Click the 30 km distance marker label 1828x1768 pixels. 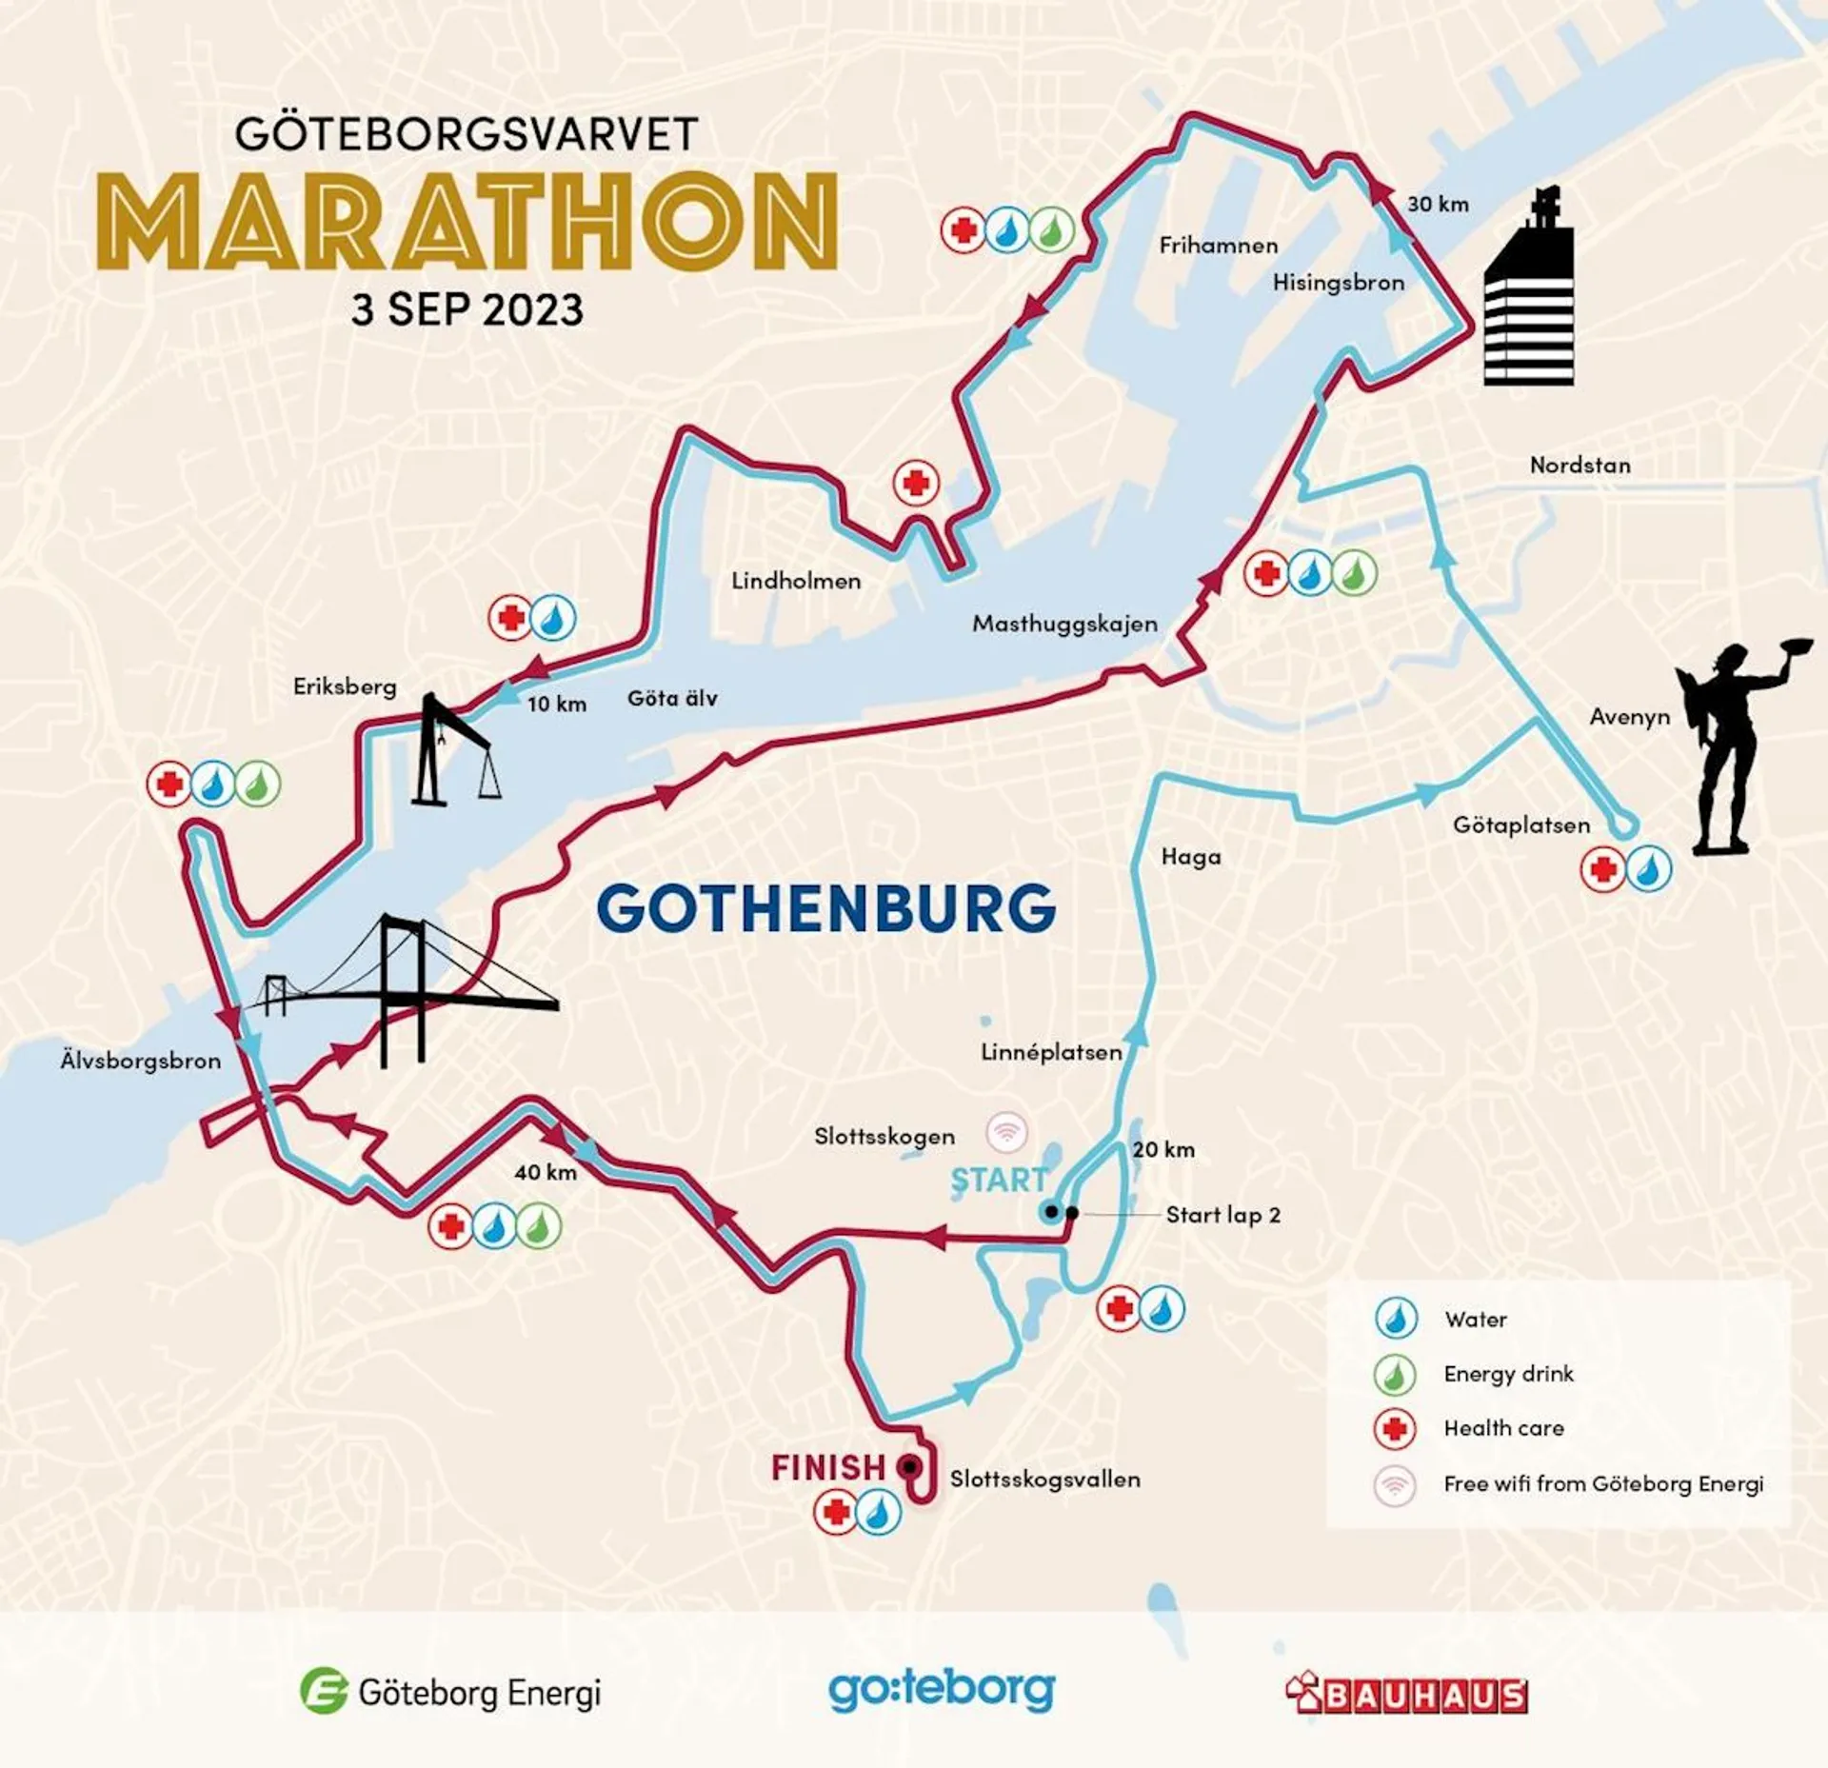(x=1438, y=204)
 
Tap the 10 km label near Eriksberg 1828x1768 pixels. (x=557, y=704)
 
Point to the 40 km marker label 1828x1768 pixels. (x=546, y=1172)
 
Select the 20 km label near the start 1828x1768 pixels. (x=1163, y=1149)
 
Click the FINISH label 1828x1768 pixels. (x=827, y=1467)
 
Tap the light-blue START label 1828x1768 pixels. (x=999, y=1181)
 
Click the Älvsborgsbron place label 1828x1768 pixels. (x=141, y=1061)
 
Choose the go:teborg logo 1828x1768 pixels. (x=942, y=1690)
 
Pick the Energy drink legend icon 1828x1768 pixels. (x=1395, y=1374)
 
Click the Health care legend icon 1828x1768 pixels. (x=1395, y=1428)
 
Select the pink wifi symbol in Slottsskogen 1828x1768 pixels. (x=1006, y=1132)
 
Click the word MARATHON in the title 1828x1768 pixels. (x=467, y=221)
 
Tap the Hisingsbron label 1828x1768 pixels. (x=1339, y=283)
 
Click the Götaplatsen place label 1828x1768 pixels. (x=1520, y=825)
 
